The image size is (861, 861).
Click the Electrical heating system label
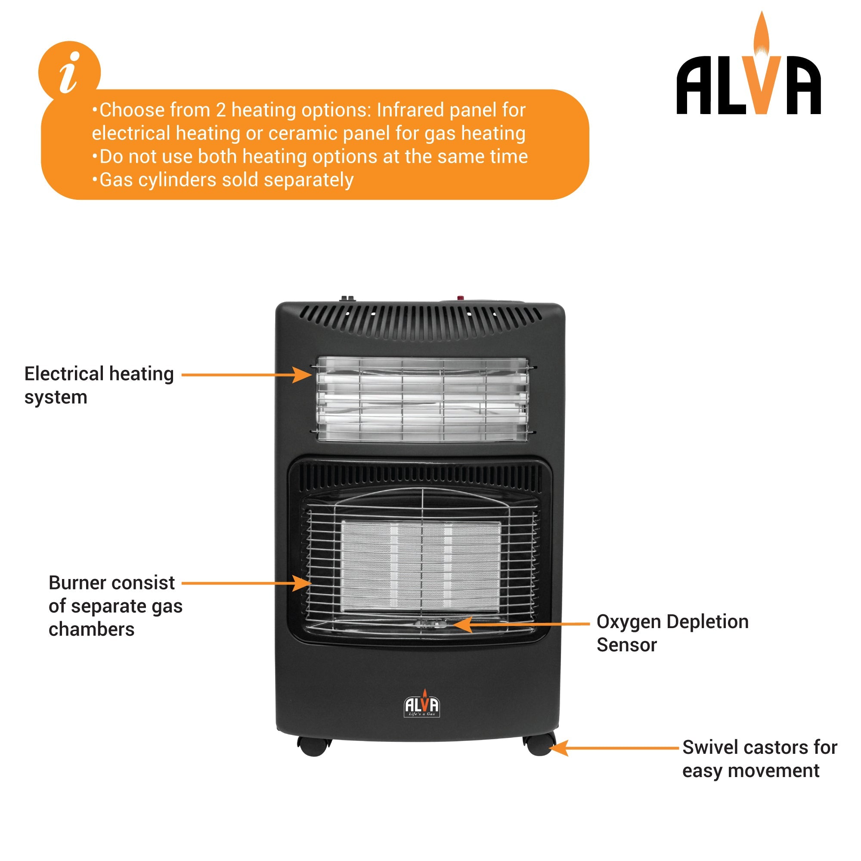point(99,385)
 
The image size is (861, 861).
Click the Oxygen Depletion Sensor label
point(672,633)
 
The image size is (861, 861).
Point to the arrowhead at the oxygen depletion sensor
point(461,624)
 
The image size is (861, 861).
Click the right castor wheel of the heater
point(539,745)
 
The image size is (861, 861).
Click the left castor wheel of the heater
point(314,746)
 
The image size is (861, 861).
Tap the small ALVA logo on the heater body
point(421,705)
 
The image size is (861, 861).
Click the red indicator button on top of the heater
point(460,298)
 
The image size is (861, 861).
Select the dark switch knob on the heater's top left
point(347,298)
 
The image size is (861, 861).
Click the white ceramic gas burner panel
point(421,566)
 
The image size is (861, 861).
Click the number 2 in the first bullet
point(220,110)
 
